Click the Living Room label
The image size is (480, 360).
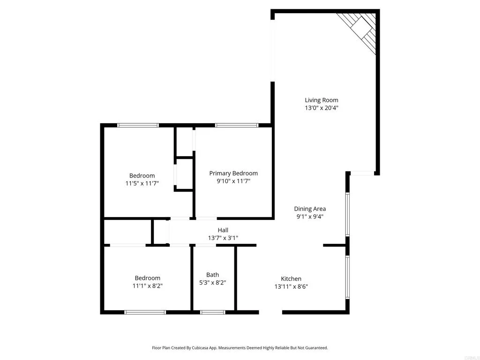(321, 100)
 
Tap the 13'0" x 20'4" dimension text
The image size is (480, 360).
(321, 108)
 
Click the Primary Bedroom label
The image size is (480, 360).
(233, 173)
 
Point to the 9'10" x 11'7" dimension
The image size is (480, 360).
(233, 181)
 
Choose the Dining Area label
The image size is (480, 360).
(310, 209)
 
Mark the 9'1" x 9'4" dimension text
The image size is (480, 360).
(310, 217)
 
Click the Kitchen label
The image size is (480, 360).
(291, 278)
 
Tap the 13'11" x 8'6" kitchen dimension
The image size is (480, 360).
(291, 286)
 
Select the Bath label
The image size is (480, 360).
(212, 275)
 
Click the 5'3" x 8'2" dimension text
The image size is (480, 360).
(212, 283)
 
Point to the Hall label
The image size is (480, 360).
(223, 230)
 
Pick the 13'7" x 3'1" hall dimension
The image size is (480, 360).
(223, 238)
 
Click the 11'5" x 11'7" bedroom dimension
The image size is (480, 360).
(142, 184)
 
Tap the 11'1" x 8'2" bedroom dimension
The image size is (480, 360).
(148, 285)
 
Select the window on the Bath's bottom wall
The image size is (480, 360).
(212, 312)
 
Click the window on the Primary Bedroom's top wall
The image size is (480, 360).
(237, 125)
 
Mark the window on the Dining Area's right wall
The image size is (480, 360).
(347, 214)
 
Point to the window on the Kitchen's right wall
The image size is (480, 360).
(347, 277)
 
